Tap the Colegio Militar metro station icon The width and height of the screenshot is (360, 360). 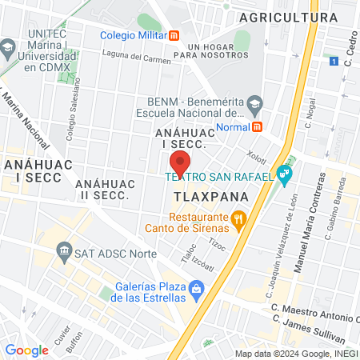174,35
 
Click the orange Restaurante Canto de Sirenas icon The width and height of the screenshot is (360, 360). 238,218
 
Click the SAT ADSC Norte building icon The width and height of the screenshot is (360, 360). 63,254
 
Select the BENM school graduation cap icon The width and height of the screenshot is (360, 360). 254,102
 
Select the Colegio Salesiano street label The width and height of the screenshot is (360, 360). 71,119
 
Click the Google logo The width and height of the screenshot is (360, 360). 26,350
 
